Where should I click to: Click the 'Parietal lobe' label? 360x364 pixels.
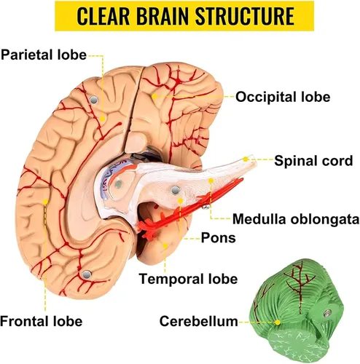click(x=44, y=55)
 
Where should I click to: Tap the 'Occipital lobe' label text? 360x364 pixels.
click(x=283, y=97)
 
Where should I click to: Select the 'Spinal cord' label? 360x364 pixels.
click(x=313, y=161)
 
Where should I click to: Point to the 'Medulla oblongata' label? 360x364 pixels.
click(x=296, y=219)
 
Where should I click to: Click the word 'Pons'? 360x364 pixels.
click(x=219, y=238)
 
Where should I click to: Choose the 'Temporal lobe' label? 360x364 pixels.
click(x=188, y=279)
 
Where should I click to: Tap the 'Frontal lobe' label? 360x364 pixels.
click(x=42, y=321)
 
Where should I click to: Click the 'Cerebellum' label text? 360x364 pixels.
click(x=199, y=321)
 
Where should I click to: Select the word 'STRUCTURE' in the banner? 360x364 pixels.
click(x=245, y=16)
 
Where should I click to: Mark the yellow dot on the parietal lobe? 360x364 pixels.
click(x=103, y=119)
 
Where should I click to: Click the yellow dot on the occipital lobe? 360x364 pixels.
click(x=154, y=96)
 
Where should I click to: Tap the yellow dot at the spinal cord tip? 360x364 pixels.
click(x=246, y=159)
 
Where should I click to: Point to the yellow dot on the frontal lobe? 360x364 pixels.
click(x=45, y=202)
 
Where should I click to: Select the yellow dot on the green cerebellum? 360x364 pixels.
click(x=278, y=323)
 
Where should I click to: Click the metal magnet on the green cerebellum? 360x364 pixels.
click(x=328, y=313)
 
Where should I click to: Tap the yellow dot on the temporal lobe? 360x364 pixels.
click(x=165, y=246)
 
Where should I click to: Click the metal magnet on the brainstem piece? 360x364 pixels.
click(x=176, y=191)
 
